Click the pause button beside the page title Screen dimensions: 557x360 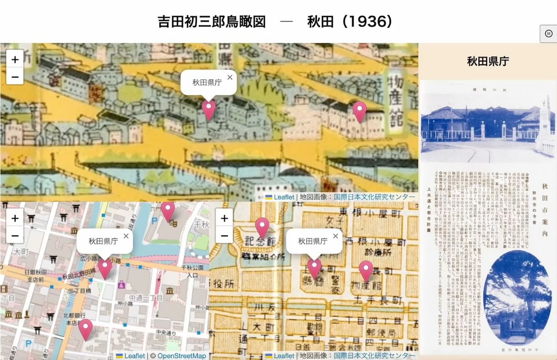tap(548, 33)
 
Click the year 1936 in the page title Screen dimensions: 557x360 tap(367, 21)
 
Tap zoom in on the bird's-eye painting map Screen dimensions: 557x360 tap(15, 59)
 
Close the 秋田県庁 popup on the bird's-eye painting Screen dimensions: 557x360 tap(230, 77)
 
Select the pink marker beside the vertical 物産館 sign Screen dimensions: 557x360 tap(360, 110)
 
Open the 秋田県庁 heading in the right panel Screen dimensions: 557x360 tap(488, 62)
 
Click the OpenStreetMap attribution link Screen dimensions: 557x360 tap(182, 356)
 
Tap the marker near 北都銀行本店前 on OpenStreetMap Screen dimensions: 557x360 tap(85, 329)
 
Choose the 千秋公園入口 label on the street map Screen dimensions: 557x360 tap(196, 272)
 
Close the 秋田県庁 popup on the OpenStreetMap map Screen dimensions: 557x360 tap(126, 236)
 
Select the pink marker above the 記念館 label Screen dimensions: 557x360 tap(262, 227)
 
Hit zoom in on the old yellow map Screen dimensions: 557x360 tap(224, 218)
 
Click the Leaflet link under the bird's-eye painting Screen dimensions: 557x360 tap(284, 197)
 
